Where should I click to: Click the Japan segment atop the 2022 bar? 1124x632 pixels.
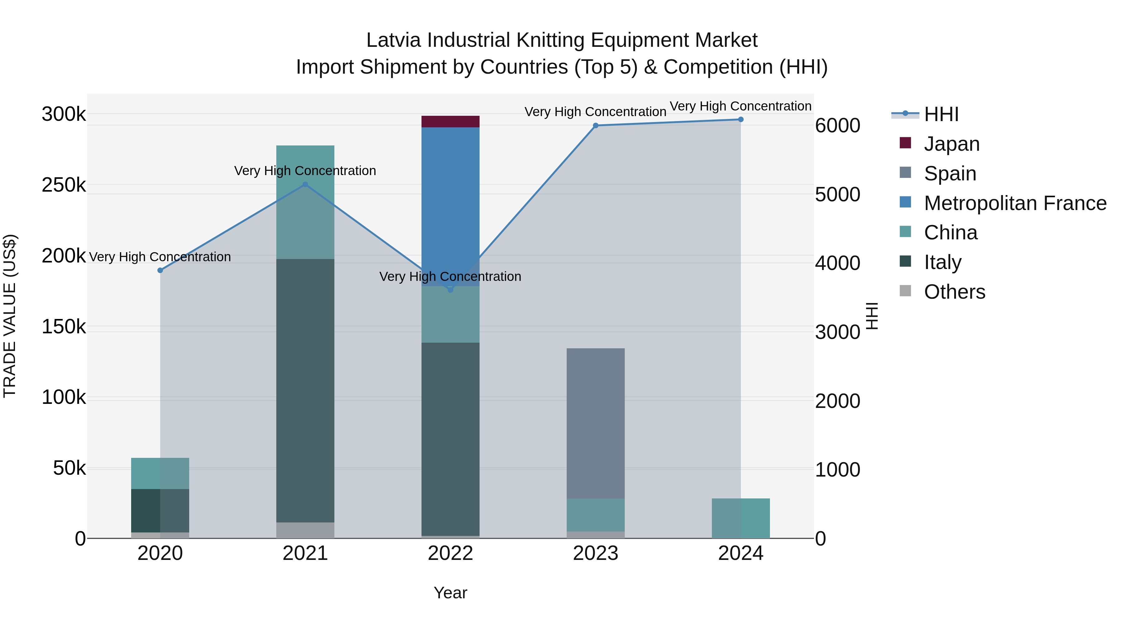tap(450, 122)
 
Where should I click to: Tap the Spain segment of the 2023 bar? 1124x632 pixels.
tap(596, 423)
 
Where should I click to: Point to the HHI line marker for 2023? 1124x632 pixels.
tap(596, 125)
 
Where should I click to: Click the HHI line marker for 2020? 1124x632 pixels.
tap(160, 270)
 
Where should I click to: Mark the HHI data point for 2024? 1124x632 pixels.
tap(741, 120)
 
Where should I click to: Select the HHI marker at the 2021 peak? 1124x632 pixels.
tap(305, 184)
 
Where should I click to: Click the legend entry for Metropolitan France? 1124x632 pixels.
tap(1015, 203)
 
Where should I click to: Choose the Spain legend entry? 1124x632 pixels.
tap(950, 174)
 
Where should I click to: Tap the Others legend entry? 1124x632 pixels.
tap(954, 292)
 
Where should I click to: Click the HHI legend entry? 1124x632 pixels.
tap(941, 114)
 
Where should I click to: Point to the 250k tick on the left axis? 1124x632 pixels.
tap(64, 185)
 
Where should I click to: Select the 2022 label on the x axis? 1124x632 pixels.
tap(450, 553)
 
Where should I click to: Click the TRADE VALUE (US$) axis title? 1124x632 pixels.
tap(10, 316)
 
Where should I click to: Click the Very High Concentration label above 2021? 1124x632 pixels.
tap(305, 170)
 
